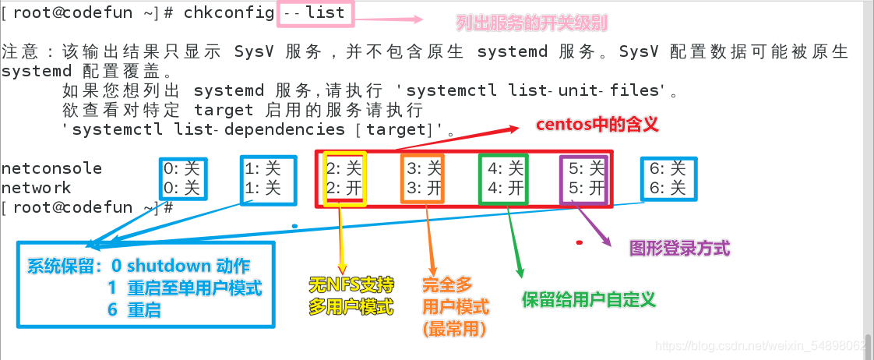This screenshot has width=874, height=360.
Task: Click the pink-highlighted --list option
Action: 312,12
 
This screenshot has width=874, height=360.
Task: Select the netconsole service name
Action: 51,168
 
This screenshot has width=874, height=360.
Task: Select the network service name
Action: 36,188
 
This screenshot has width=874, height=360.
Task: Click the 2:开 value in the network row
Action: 344,188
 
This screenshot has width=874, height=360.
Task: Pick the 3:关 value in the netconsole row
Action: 425,168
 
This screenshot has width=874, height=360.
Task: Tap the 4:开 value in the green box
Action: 506,188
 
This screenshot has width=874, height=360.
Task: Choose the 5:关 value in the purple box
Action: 587,168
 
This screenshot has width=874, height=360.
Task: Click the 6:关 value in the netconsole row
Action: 668,168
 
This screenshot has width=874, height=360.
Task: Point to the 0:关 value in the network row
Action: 182,188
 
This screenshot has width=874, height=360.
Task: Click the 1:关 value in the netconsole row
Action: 263,168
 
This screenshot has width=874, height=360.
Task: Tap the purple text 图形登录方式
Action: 679,249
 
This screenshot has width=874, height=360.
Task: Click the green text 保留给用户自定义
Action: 590,299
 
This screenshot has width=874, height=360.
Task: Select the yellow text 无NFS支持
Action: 350,284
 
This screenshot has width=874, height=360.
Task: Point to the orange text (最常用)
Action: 454,329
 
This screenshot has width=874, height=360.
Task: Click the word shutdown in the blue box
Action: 168,266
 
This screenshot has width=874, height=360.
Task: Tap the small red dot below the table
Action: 579,242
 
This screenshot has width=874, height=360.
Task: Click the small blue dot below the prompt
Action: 294,226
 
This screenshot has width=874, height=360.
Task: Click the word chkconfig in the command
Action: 230,12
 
